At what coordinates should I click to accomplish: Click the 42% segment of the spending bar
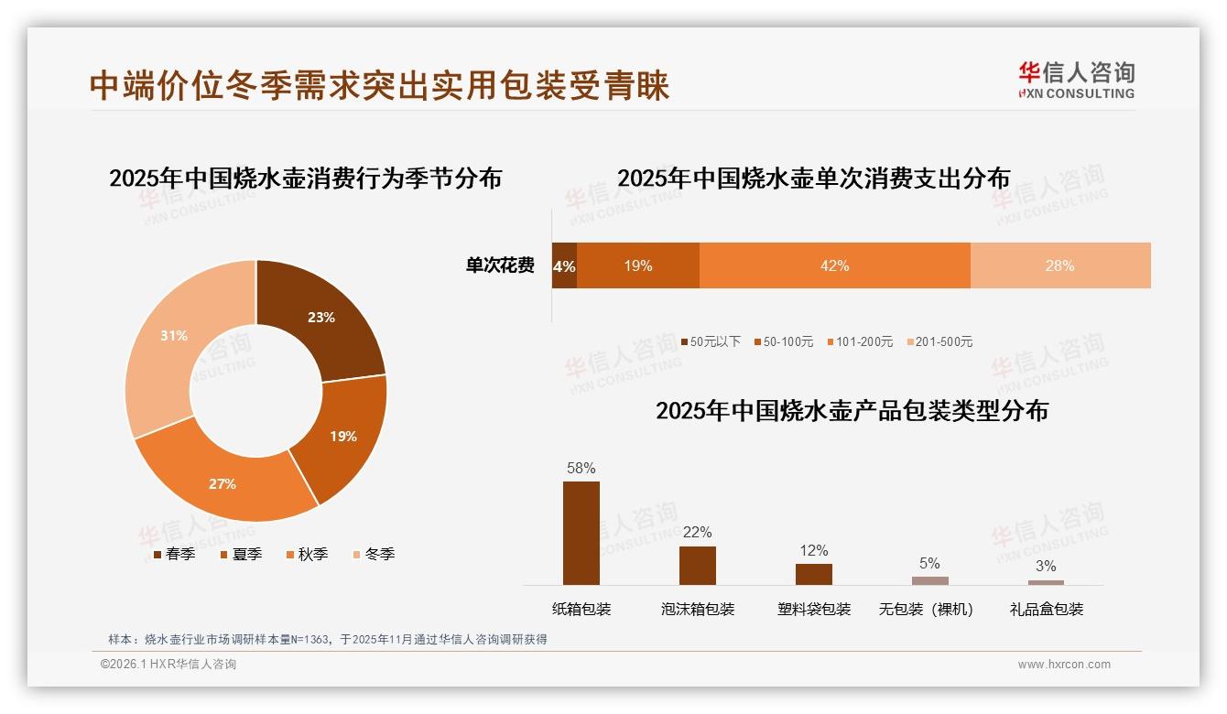(834, 266)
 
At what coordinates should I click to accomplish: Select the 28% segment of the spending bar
(1059, 266)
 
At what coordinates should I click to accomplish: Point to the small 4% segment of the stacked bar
(564, 266)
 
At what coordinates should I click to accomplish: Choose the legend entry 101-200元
(860, 342)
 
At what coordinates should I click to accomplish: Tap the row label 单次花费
(500, 266)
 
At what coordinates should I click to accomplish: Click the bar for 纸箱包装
(581, 533)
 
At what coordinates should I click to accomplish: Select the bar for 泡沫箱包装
(698, 566)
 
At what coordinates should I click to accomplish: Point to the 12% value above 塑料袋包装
(813, 550)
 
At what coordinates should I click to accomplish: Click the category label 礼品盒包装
(1046, 610)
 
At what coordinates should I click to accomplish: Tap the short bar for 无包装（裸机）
(929, 580)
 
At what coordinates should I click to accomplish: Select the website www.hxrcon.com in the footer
(1064, 665)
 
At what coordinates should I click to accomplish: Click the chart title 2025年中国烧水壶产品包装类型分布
(852, 411)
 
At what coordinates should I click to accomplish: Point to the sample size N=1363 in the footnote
(315, 640)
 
